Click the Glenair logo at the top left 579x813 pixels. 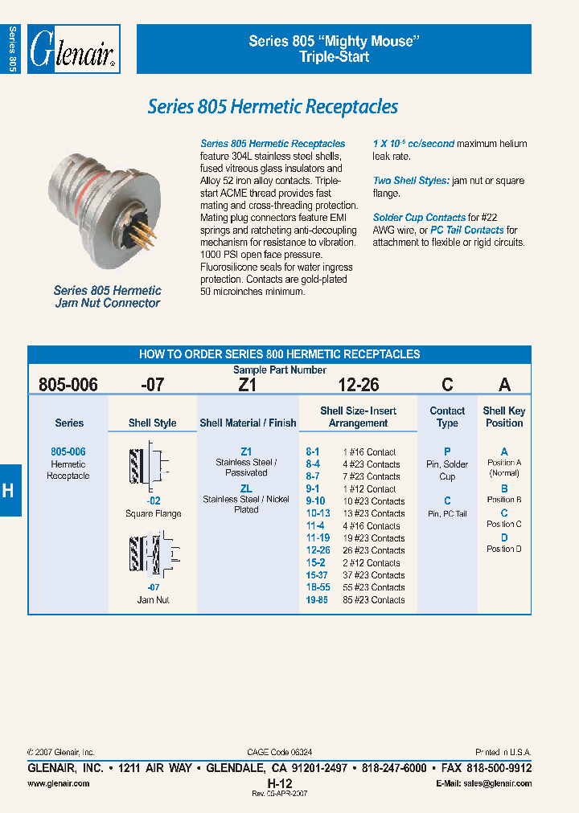point(74,50)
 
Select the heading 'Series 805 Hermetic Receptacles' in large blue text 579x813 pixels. point(273,107)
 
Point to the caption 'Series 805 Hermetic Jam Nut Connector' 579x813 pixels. point(107,296)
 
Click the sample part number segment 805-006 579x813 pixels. point(68,385)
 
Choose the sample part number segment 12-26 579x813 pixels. point(358,385)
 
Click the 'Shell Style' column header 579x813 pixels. point(153,423)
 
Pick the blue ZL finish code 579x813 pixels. point(246,488)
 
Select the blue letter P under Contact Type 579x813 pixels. point(447,451)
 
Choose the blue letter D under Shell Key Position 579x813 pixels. point(504,537)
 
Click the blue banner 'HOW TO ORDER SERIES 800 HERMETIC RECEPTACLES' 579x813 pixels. point(279,353)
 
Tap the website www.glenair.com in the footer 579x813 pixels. point(59,783)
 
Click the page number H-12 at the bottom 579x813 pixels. point(279,782)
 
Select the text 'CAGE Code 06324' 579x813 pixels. point(280,752)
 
